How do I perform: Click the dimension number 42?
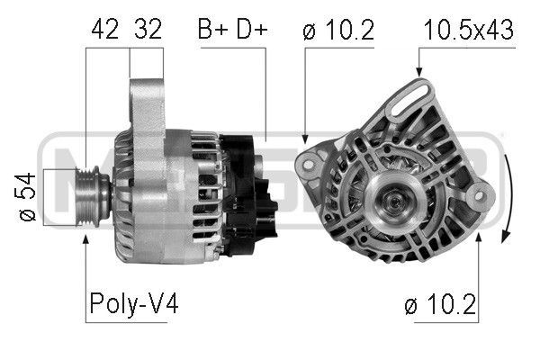tap(104, 29)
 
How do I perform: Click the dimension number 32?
tap(148, 29)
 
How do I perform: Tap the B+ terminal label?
tap(212, 29)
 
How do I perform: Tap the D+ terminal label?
tap(252, 29)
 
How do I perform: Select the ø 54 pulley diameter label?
tap(25, 197)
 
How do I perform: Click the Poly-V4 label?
tap(134, 303)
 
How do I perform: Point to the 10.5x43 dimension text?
tap(469, 30)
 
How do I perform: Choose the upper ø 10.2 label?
tap(338, 30)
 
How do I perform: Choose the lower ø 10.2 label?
tap(441, 304)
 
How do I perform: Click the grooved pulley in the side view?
tap(88, 197)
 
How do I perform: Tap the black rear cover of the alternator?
tap(247, 195)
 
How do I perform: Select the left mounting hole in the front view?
tap(308, 165)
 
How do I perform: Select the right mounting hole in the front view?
tap(479, 196)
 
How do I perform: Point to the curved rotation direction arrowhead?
tap(506, 237)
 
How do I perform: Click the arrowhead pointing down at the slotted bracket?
tap(419, 71)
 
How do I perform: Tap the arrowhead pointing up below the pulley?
tap(85, 239)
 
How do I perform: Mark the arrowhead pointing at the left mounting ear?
tap(304, 139)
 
